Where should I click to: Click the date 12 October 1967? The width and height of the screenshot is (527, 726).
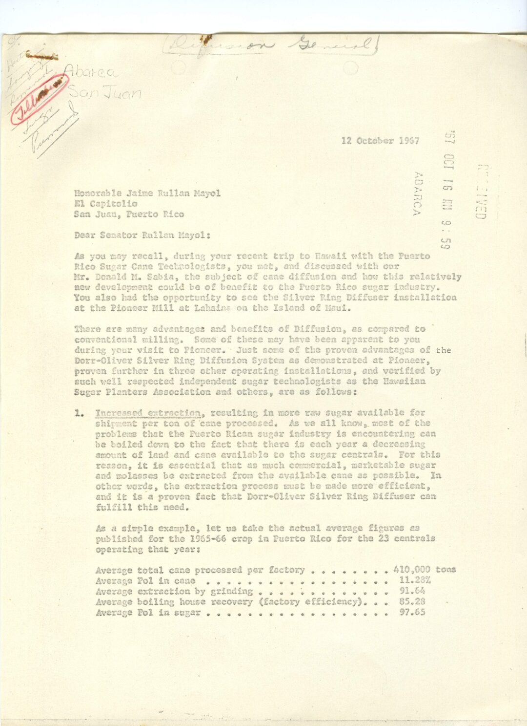381,141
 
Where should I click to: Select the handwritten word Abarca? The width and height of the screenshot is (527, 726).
93,74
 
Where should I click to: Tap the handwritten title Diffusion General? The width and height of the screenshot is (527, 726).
273,46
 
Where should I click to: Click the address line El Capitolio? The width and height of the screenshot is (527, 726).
106,204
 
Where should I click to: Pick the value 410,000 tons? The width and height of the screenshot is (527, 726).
424,570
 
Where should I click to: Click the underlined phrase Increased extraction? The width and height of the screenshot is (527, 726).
148,413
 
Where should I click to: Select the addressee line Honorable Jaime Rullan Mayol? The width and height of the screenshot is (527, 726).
147,193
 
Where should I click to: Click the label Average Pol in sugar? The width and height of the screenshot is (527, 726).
148,613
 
